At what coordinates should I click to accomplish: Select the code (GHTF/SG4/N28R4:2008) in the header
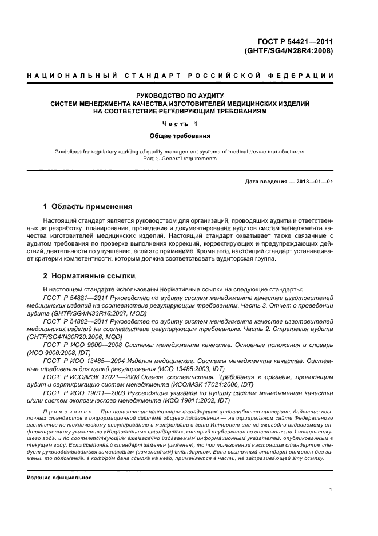tap(289, 50)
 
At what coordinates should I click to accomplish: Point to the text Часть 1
tap(180, 124)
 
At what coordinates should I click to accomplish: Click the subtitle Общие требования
tap(180, 137)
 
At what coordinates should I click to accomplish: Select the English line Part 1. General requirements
tap(180, 159)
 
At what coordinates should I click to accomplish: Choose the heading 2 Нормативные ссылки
tap(89, 275)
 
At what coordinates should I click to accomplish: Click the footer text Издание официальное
tap(59, 478)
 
